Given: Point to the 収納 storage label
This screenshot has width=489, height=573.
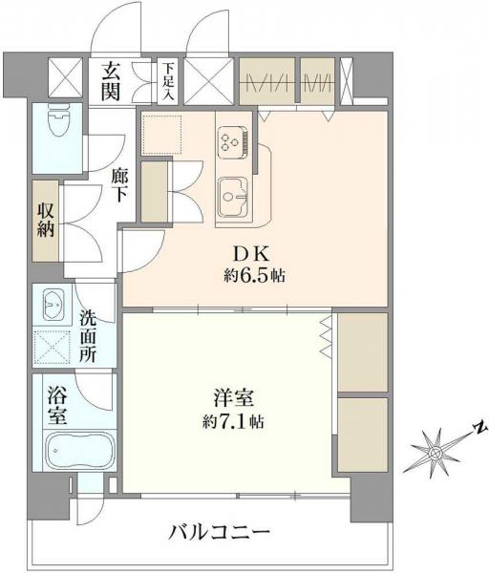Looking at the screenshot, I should [x=46, y=221].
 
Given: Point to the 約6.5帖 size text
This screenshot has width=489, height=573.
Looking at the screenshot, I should [x=250, y=277].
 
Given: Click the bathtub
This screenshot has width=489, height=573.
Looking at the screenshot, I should [x=79, y=453].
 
